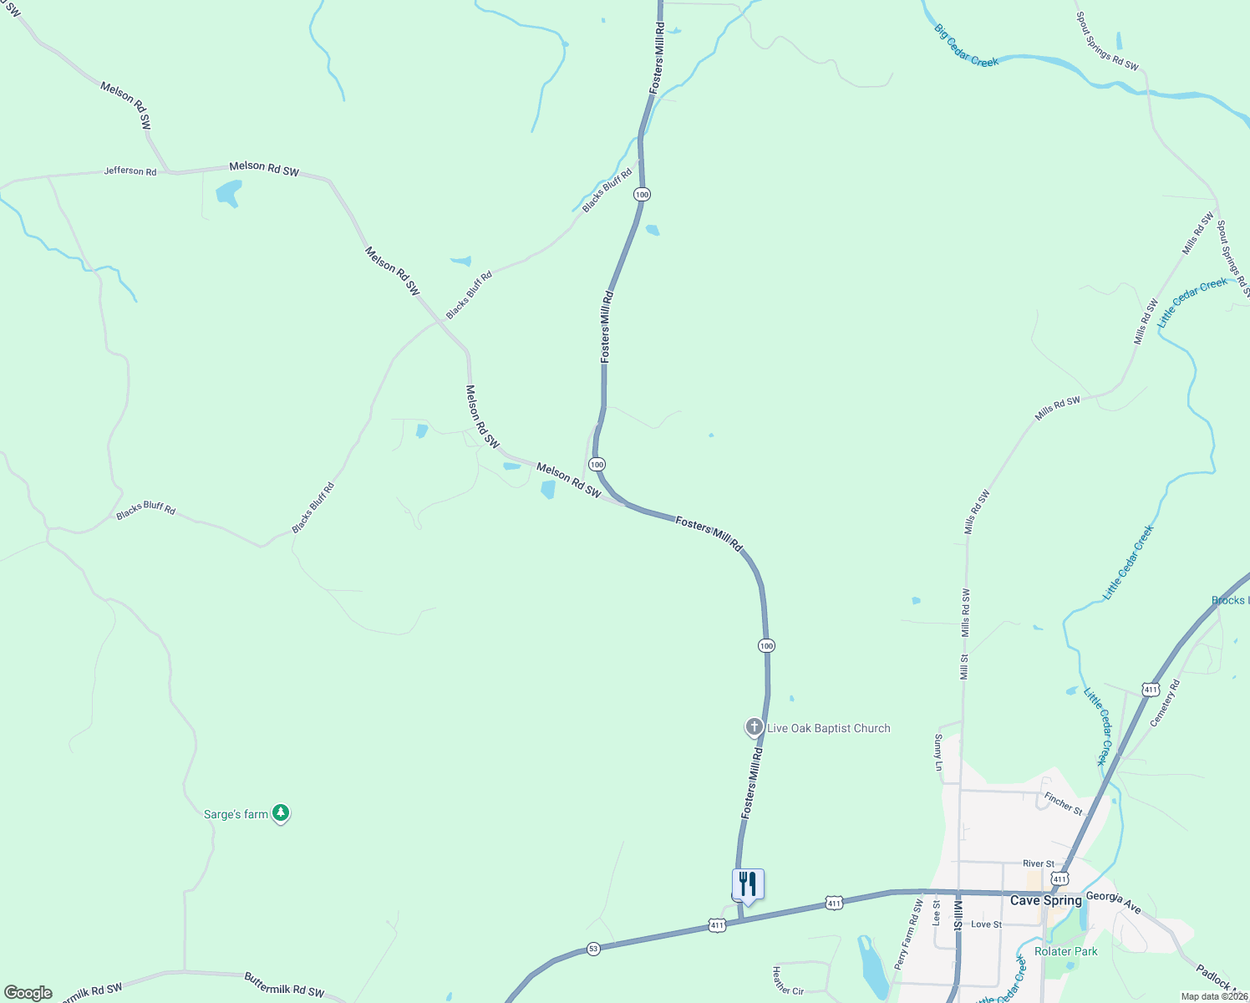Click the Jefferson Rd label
130,171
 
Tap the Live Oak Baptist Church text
828,728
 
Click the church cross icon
754,727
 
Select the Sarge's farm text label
236,814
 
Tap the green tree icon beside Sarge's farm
282,812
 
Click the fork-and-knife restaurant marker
748,884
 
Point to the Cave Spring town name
1045,900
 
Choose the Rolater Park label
1065,951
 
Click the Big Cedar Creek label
966,46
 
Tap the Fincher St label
1063,804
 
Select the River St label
1038,863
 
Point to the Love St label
986,924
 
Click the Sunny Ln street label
938,752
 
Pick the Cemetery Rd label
1165,702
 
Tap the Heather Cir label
787,981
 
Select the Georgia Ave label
1113,902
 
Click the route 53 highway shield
593,949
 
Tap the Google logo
28,993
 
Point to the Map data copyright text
1213,996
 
